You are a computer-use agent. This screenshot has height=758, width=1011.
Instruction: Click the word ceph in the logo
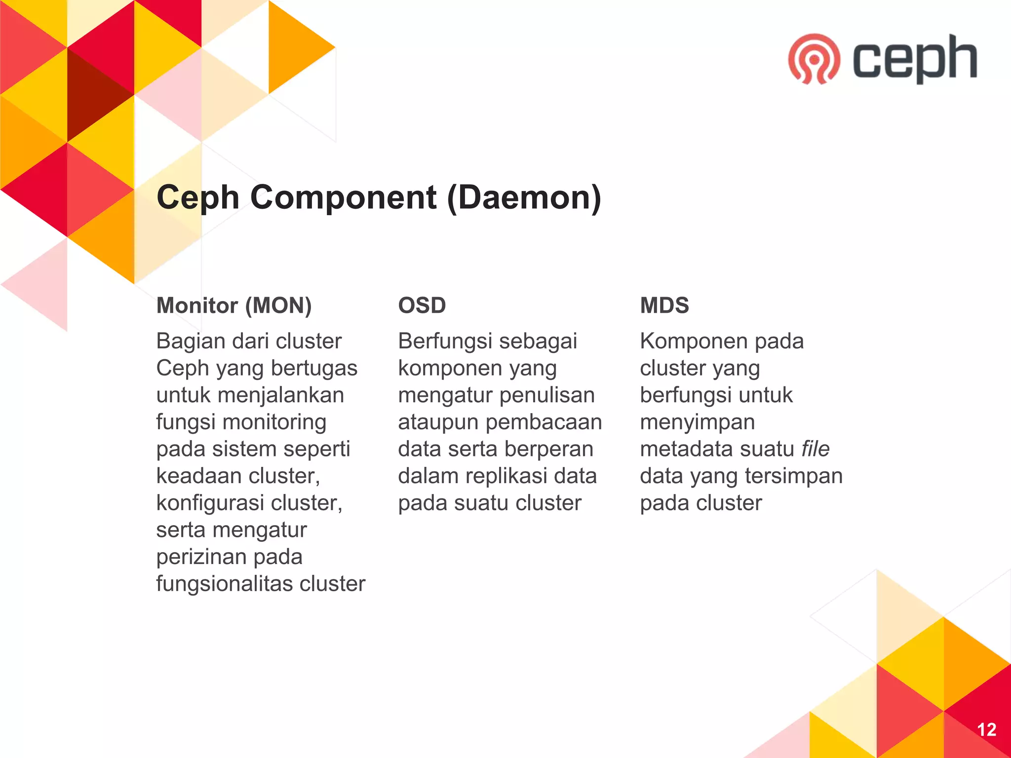(x=915, y=58)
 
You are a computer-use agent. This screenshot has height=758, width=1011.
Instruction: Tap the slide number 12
(x=986, y=729)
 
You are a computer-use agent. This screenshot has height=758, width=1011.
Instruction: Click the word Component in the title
(x=343, y=197)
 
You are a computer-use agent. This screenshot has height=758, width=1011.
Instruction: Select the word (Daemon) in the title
(x=524, y=197)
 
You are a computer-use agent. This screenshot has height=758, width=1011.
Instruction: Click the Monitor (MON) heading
(x=234, y=305)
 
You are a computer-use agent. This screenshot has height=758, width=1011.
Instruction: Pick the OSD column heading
(x=422, y=305)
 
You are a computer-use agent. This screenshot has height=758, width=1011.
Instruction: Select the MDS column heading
(x=664, y=305)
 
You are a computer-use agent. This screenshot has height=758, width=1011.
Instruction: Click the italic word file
(x=815, y=449)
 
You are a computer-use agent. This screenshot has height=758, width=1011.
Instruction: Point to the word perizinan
(x=196, y=557)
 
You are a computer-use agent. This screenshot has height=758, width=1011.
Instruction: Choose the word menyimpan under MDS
(x=697, y=422)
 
